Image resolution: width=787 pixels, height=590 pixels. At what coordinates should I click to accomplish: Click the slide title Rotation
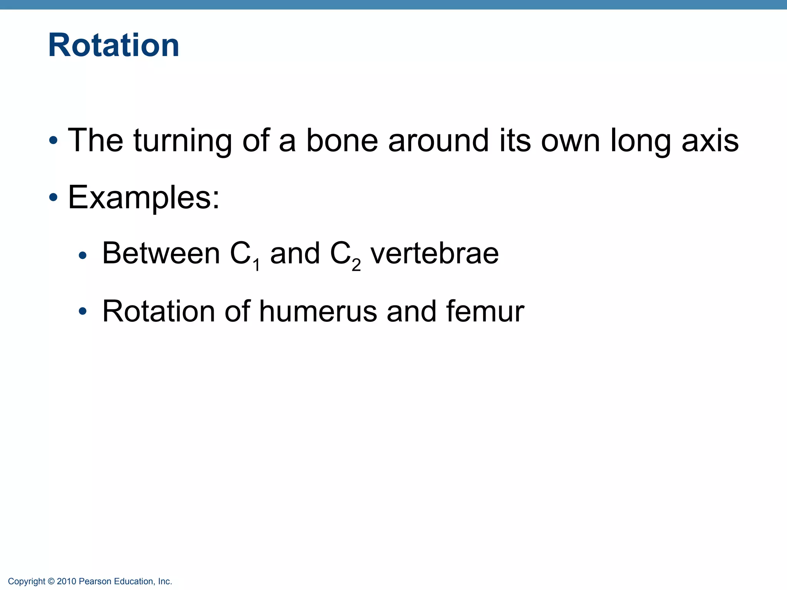point(114,45)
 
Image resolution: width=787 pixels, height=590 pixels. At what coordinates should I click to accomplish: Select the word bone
point(342,141)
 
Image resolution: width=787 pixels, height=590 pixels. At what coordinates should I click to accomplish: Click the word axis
point(710,141)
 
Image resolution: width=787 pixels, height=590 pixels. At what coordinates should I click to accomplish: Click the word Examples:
point(144,198)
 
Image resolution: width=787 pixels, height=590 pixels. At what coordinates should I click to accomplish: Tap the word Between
point(161,254)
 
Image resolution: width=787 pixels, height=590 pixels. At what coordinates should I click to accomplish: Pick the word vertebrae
point(434,254)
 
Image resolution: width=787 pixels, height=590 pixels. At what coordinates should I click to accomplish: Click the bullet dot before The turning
point(53,141)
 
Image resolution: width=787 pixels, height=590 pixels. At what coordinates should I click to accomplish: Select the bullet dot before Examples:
point(53,198)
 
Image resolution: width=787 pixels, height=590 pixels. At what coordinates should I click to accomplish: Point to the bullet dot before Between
point(82,255)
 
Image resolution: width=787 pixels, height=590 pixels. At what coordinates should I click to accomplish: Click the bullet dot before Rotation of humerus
point(82,312)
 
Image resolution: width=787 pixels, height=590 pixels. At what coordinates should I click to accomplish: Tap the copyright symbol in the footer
point(51,582)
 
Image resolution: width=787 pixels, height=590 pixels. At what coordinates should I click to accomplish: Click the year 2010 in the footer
point(66,582)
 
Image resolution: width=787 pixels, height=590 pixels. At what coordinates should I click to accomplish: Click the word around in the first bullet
point(438,141)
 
